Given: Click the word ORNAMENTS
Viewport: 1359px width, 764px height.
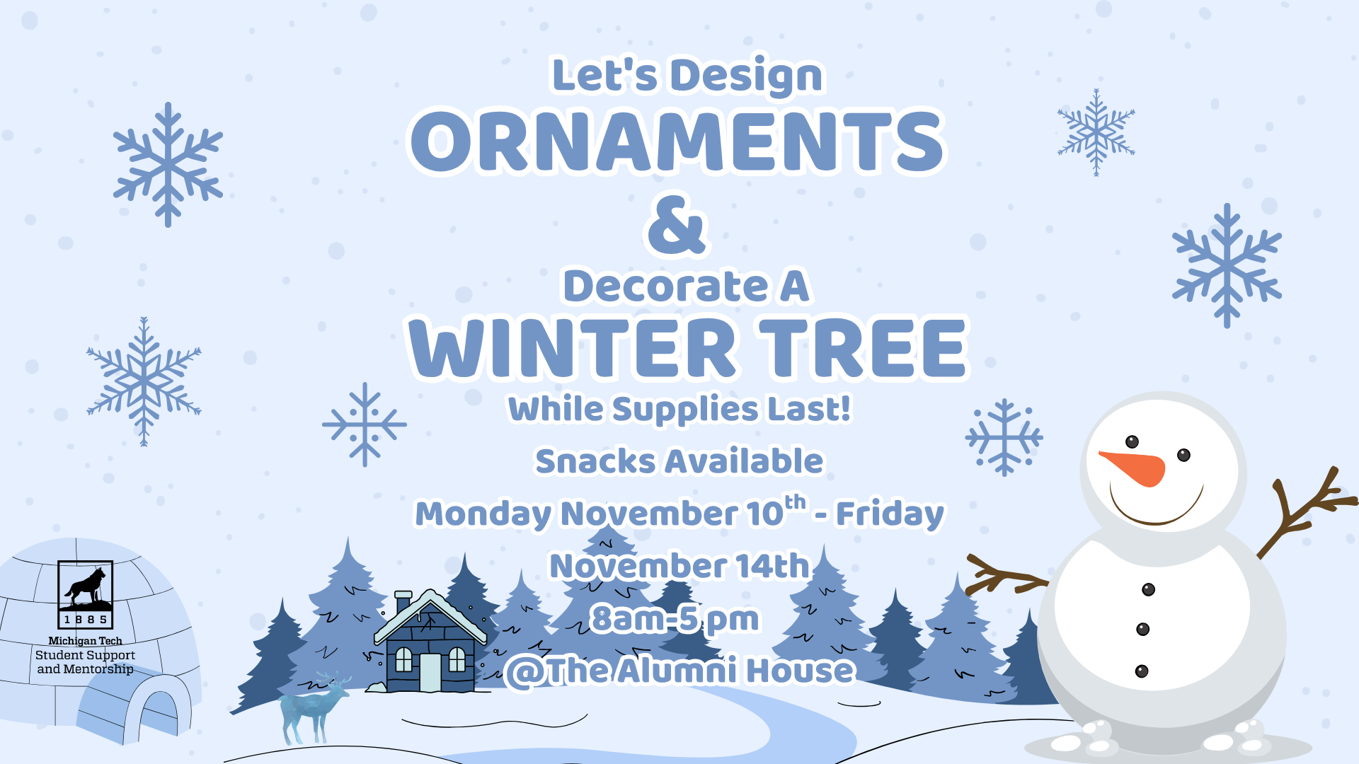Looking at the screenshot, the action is pyautogui.click(x=678, y=141).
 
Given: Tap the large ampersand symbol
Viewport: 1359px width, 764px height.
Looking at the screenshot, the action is pyautogui.click(x=677, y=224).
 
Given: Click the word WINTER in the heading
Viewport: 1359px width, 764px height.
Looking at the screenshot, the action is pyautogui.click(x=573, y=347).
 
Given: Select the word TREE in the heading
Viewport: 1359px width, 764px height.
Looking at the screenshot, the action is pyautogui.click(x=863, y=347).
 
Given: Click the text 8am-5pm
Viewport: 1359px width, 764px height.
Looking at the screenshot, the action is pyautogui.click(x=675, y=619).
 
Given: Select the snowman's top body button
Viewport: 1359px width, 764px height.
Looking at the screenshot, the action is pyautogui.click(x=1149, y=589).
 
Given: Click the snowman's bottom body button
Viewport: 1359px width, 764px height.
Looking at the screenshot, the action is pyautogui.click(x=1142, y=671).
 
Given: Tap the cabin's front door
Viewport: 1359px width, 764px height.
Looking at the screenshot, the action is pyautogui.click(x=430, y=672).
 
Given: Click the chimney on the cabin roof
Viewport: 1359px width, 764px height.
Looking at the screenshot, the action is pyautogui.click(x=403, y=601).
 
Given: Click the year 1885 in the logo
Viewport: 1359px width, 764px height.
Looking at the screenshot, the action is pyautogui.click(x=86, y=620).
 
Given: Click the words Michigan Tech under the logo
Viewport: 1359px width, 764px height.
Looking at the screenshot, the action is pyautogui.click(x=85, y=641).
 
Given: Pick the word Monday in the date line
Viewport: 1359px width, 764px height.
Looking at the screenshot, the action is pyautogui.click(x=483, y=514).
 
